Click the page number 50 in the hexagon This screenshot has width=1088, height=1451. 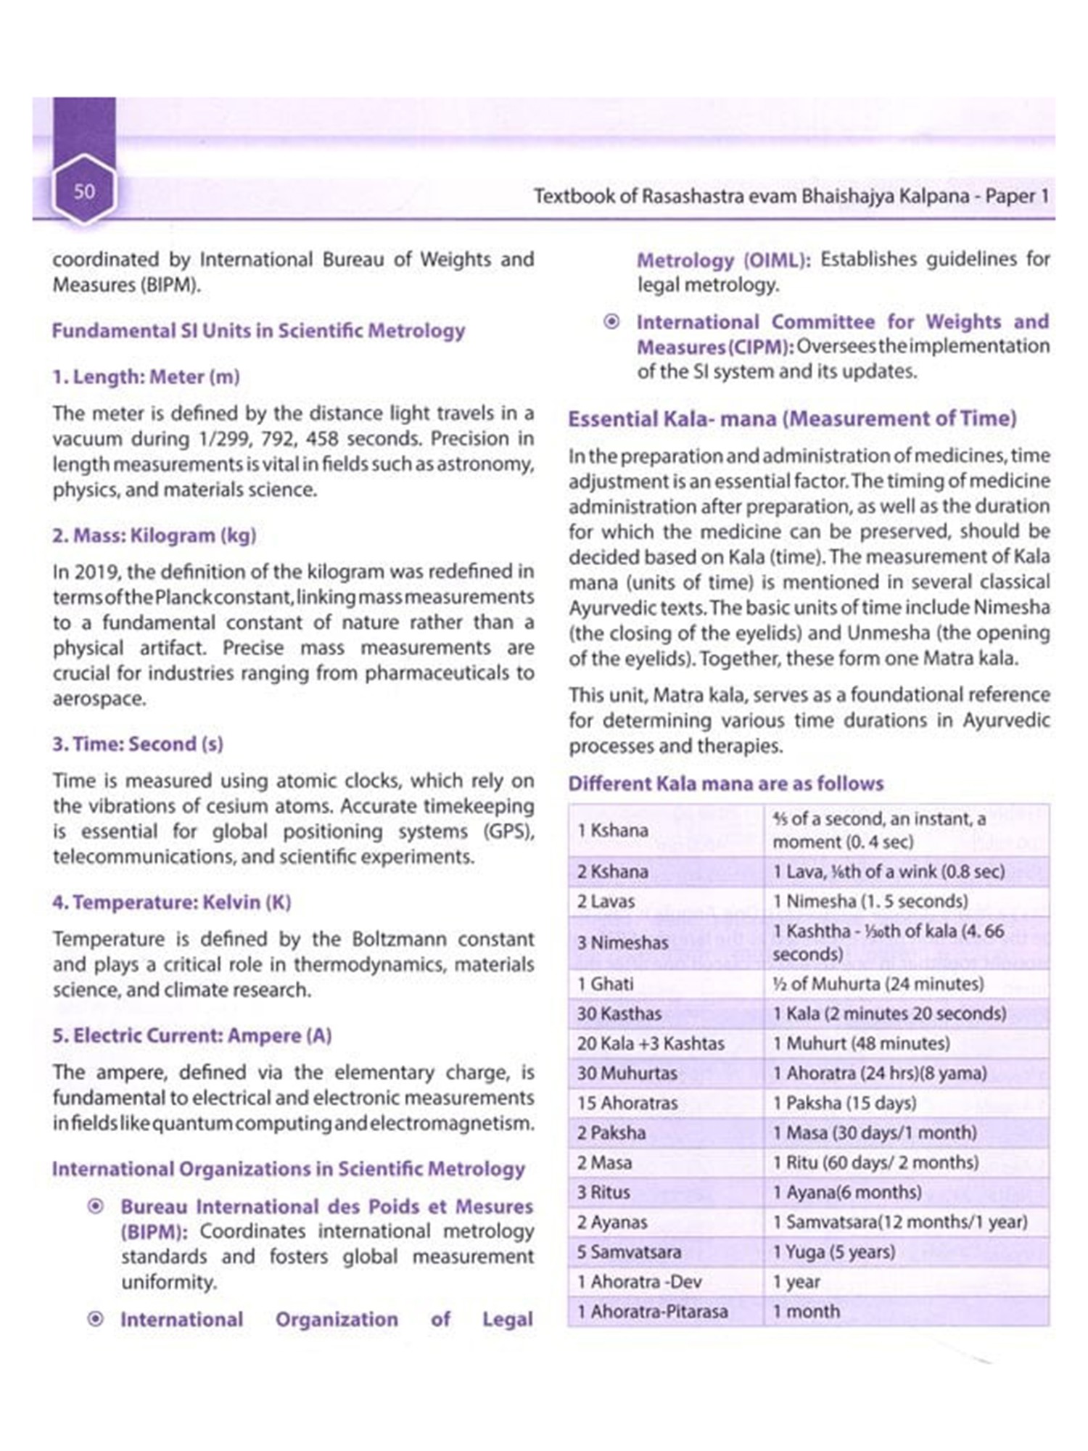point(84,192)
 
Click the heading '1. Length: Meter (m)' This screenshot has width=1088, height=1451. point(146,377)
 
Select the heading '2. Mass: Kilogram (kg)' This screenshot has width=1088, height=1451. point(154,536)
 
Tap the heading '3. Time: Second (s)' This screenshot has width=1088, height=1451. point(138,744)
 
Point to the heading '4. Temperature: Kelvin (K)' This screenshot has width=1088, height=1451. point(171,903)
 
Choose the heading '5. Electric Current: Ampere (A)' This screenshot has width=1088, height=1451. point(191,1035)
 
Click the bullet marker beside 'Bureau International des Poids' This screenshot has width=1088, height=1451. point(95,1207)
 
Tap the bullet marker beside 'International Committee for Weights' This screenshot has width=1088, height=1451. point(612,321)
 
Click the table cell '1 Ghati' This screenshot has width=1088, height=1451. point(606,984)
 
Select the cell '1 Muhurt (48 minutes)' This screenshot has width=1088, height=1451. point(861,1043)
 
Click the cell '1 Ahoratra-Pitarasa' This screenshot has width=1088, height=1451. point(652,1311)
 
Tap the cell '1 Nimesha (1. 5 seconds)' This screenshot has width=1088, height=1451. point(870,901)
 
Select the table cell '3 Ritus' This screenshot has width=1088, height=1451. point(603,1192)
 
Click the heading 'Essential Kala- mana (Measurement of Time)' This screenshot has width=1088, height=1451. point(792,419)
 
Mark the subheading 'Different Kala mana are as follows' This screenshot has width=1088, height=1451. point(726,784)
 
